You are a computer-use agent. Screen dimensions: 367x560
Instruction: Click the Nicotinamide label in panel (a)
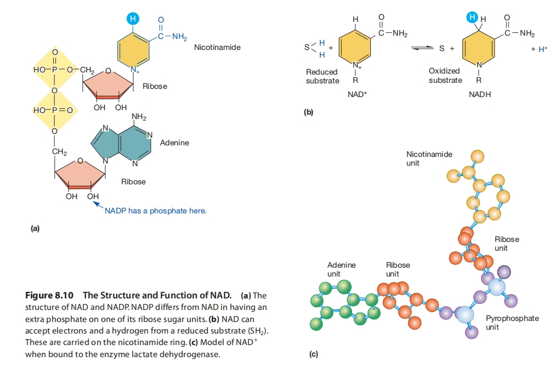pyautogui.click(x=217, y=48)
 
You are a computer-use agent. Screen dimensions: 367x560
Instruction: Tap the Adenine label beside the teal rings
pyautogui.click(x=174, y=143)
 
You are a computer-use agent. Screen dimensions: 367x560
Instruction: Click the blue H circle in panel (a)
pyautogui.click(x=132, y=18)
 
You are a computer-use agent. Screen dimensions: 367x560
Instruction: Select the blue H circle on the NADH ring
pyautogui.click(x=472, y=18)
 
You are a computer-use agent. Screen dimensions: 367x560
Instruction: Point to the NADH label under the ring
pyautogui.click(x=480, y=94)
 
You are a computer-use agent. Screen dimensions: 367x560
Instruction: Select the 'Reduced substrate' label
pyautogui.click(x=323, y=76)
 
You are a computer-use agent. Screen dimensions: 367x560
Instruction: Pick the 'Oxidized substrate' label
pyautogui.click(x=445, y=76)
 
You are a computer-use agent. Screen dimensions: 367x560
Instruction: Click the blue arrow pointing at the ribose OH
pyautogui.click(x=99, y=205)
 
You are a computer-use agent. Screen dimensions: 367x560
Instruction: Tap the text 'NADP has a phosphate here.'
pyautogui.click(x=156, y=211)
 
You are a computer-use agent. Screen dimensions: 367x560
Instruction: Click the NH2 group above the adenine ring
pyautogui.click(x=139, y=117)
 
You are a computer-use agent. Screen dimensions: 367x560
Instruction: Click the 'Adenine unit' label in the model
pyautogui.click(x=341, y=269)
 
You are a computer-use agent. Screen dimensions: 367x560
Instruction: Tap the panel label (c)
pyautogui.click(x=313, y=354)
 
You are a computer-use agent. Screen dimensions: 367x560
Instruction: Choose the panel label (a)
pyautogui.click(x=35, y=228)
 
